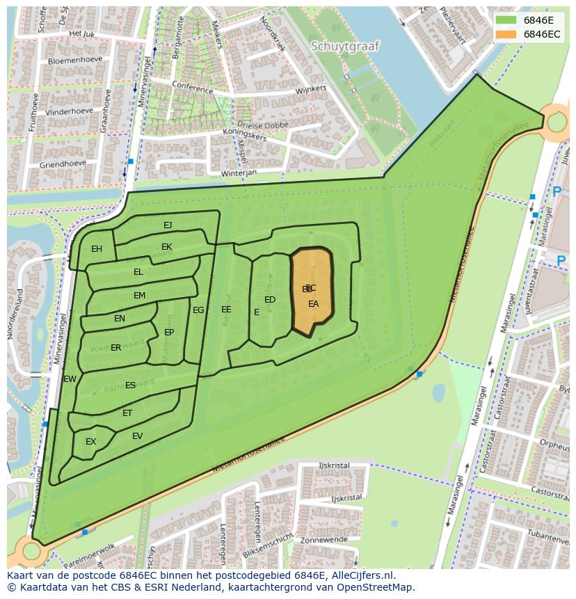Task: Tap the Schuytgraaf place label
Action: point(345,47)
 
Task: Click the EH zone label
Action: point(97,249)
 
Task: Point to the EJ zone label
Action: point(168,225)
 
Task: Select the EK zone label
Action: point(167,247)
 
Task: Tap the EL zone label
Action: point(138,272)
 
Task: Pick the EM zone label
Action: point(140,296)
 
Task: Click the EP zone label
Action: point(169,333)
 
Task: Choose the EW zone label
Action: point(70,379)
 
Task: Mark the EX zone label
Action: point(90,442)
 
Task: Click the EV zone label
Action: point(137,436)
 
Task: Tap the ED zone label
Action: point(270,300)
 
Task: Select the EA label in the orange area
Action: point(314,304)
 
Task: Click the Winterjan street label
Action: point(239,172)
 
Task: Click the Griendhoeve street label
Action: point(63,164)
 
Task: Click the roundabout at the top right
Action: point(558,123)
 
